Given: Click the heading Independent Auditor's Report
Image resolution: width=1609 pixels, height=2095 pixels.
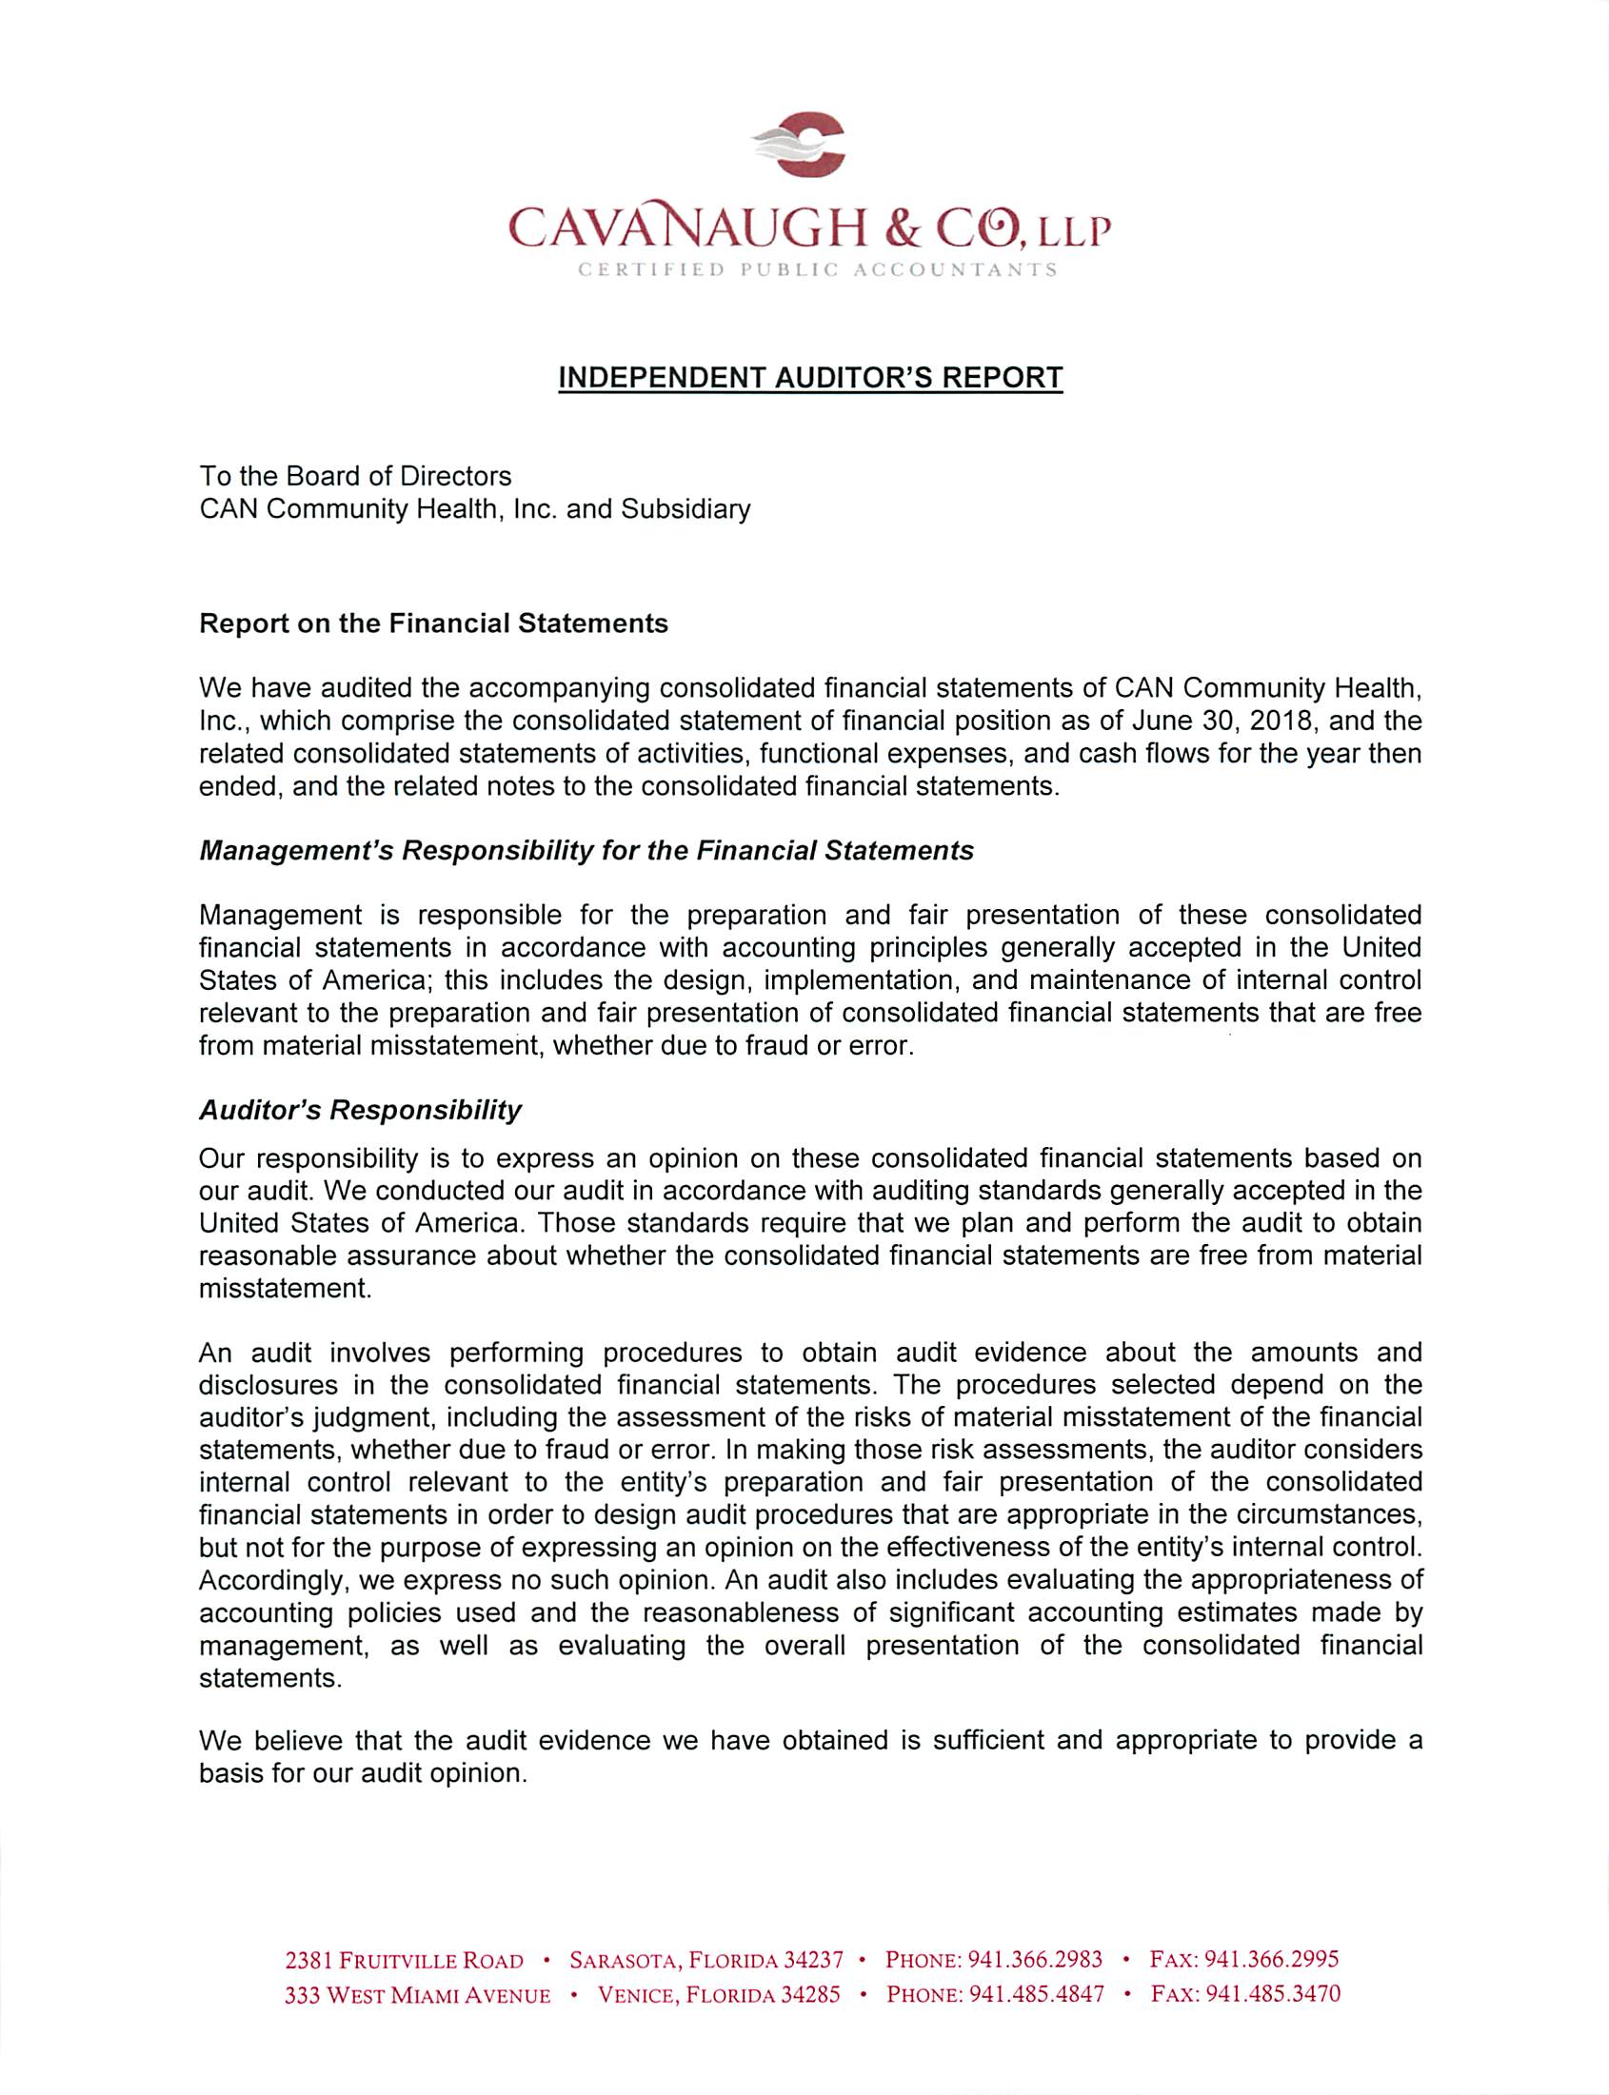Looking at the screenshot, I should pos(810,377).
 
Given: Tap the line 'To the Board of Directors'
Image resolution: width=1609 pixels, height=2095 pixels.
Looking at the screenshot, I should pos(355,476).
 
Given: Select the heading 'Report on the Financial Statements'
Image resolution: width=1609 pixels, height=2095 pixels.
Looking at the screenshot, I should pos(433,623).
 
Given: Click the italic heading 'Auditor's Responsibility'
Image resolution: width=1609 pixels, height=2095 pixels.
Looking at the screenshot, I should pos(360,1110).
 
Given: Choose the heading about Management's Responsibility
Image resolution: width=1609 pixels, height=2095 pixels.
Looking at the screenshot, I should pos(586,850).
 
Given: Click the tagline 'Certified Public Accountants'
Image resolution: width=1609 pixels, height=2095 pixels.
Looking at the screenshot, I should pos(817,270).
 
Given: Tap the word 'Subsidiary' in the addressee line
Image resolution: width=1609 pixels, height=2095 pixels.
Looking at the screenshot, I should pos(685,508).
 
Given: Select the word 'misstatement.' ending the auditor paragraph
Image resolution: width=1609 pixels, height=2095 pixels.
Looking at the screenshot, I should pos(285,1288).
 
